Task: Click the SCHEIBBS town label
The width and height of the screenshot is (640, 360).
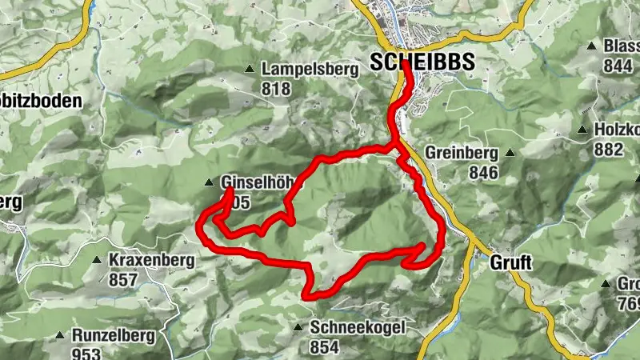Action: [x=422, y=62]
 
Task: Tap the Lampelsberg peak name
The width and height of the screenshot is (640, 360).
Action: [x=309, y=70]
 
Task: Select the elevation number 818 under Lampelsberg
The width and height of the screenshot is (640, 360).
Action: [x=276, y=89]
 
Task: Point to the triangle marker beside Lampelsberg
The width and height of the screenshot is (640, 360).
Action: [x=250, y=70]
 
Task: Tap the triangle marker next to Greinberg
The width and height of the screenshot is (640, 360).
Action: [x=509, y=152]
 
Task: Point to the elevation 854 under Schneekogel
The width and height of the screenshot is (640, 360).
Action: [x=325, y=346]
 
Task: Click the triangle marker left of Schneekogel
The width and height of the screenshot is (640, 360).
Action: [x=298, y=327]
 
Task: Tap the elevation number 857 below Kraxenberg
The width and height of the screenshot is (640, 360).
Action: [x=123, y=280]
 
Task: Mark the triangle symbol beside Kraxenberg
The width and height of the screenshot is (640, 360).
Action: [x=96, y=260]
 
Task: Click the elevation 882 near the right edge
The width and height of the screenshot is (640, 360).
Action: [x=608, y=149]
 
